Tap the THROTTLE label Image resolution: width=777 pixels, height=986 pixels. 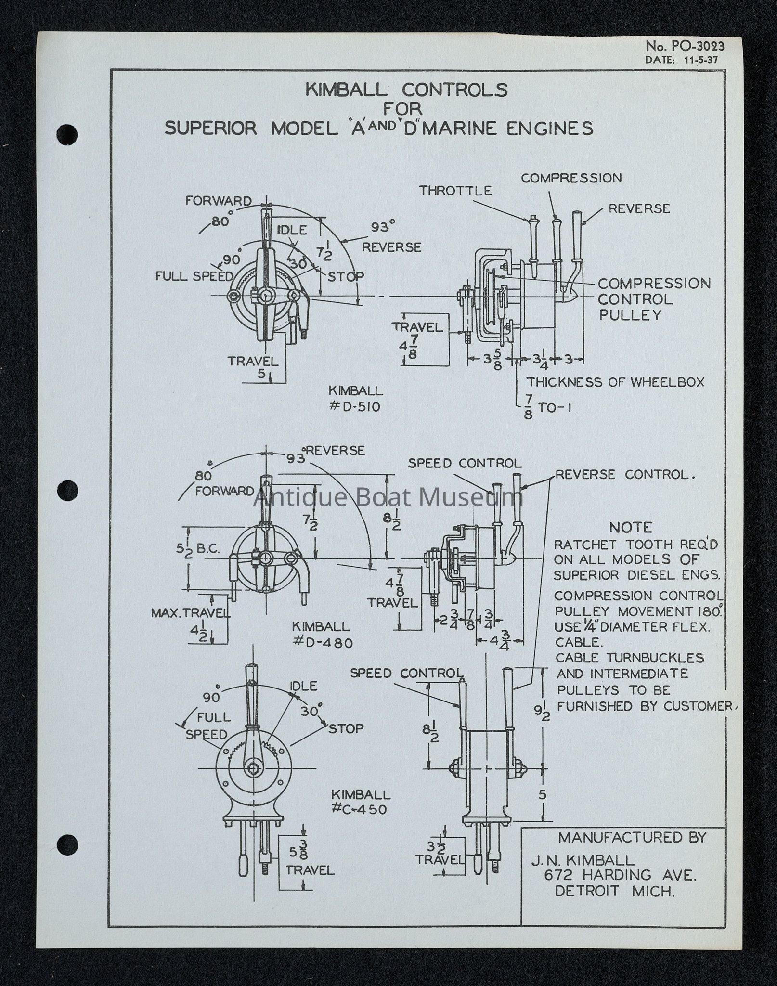[x=455, y=191]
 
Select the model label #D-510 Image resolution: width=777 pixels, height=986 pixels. [x=355, y=407]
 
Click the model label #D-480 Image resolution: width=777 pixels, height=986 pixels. [x=322, y=642]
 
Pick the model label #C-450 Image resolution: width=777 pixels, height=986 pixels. [x=359, y=809]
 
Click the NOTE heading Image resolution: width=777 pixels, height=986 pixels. [x=631, y=528]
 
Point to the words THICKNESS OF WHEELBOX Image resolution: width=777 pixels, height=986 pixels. [x=615, y=382]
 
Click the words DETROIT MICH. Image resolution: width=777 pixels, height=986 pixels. [x=614, y=891]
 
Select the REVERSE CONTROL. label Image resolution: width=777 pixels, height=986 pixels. [x=625, y=475]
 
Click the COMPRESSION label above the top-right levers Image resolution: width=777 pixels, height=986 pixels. [x=571, y=178]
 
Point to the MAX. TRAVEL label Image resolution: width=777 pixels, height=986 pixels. [x=191, y=613]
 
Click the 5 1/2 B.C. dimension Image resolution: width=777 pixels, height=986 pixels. [x=198, y=549]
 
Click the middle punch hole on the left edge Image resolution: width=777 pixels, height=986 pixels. [x=67, y=490]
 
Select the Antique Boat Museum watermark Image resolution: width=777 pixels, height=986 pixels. [x=388, y=497]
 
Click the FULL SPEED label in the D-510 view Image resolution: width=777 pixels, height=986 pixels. [x=194, y=276]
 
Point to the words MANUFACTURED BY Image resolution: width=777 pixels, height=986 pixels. [x=632, y=838]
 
